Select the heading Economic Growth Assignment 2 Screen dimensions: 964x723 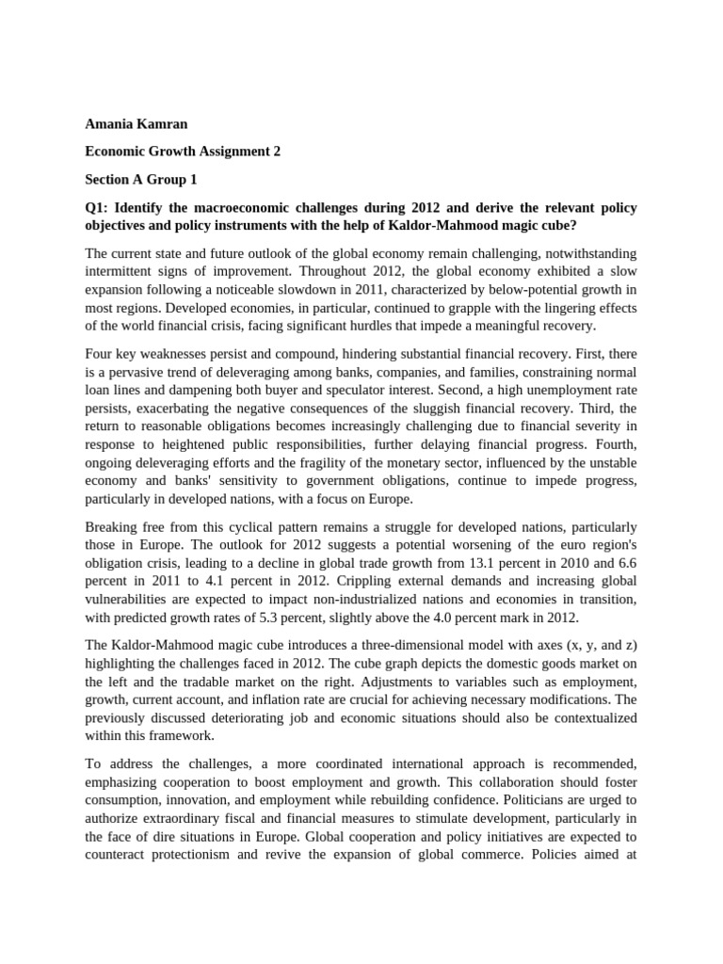coord(184,151)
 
